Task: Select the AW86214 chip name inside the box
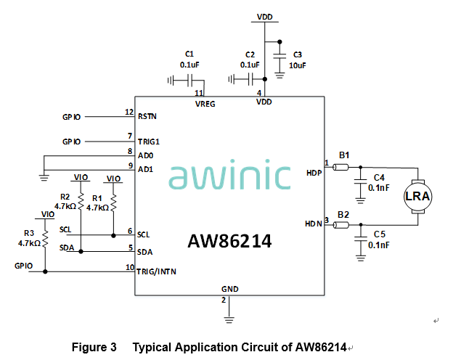pyautogui.click(x=229, y=242)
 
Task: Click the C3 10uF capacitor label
pyautogui.click(x=298, y=60)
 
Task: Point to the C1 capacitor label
pyautogui.click(x=189, y=60)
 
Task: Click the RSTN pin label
pyautogui.click(x=147, y=116)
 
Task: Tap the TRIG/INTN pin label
pyautogui.click(x=157, y=271)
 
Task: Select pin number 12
pyautogui.click(x=129, y=112)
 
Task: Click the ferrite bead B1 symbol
pyautogui.click(x=342, y=168)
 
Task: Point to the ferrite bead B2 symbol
pyautogui.click(x=342, y=226)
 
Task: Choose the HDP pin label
pyautogui.click(x=314, y=172)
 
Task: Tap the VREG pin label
pyautogui.click(x=205, y=103)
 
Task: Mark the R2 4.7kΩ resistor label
pyautogui.click(x=65, y=202)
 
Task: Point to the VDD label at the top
pyautogui.click(x=265, y=16)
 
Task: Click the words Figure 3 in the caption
pyautogui.click(x=94, y=347)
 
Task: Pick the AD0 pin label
pyautogui.click(x=144, y=155)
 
